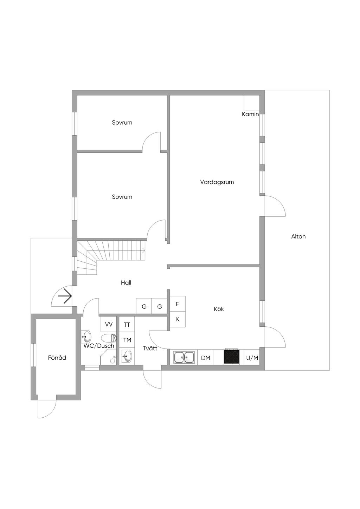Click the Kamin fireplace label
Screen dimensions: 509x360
pyautogui.click(x=250, y=114)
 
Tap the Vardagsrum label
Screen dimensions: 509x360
pyautogui.click(x=217, y=182)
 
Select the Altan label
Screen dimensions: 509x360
pyautogui.click(x=298, y=236)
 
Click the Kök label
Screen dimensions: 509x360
pyautogui.click(x=219, y=309)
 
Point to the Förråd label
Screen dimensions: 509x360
pyautogui.click(x=57, y=358)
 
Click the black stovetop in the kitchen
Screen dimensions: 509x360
pyautogui.click(x=232, y=357)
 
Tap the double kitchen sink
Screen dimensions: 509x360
pyautogui.click(x=184, y=358)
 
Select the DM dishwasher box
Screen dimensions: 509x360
pyautogui.click(x=206, y=358)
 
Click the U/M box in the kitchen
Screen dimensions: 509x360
pyautogui.click(x=252, y=358)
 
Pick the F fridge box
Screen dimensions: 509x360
pyautogui.click(x=178, y=304)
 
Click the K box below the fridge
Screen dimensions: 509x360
pyautogui.click(x=178, y=319)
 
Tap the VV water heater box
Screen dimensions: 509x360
pyautogui.click(x=109, y=325)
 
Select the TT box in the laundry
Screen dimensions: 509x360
pyautogui.click(x=127, y=325)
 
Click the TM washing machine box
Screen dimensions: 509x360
pyautogui.click(x=127, y=340)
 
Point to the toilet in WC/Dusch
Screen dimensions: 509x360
pyautogui.click(x=109, y=338)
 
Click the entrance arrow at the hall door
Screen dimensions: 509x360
pyautogui.click(x=65, y=297)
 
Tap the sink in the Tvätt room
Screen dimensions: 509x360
pyautogui.click(x=127, y=357)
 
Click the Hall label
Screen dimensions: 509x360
pyautogui.click(x=126, y=283)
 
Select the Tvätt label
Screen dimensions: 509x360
pyautogui.click(x=150, y=348)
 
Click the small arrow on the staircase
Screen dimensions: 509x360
pyautogui.click(x=143, y=250)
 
